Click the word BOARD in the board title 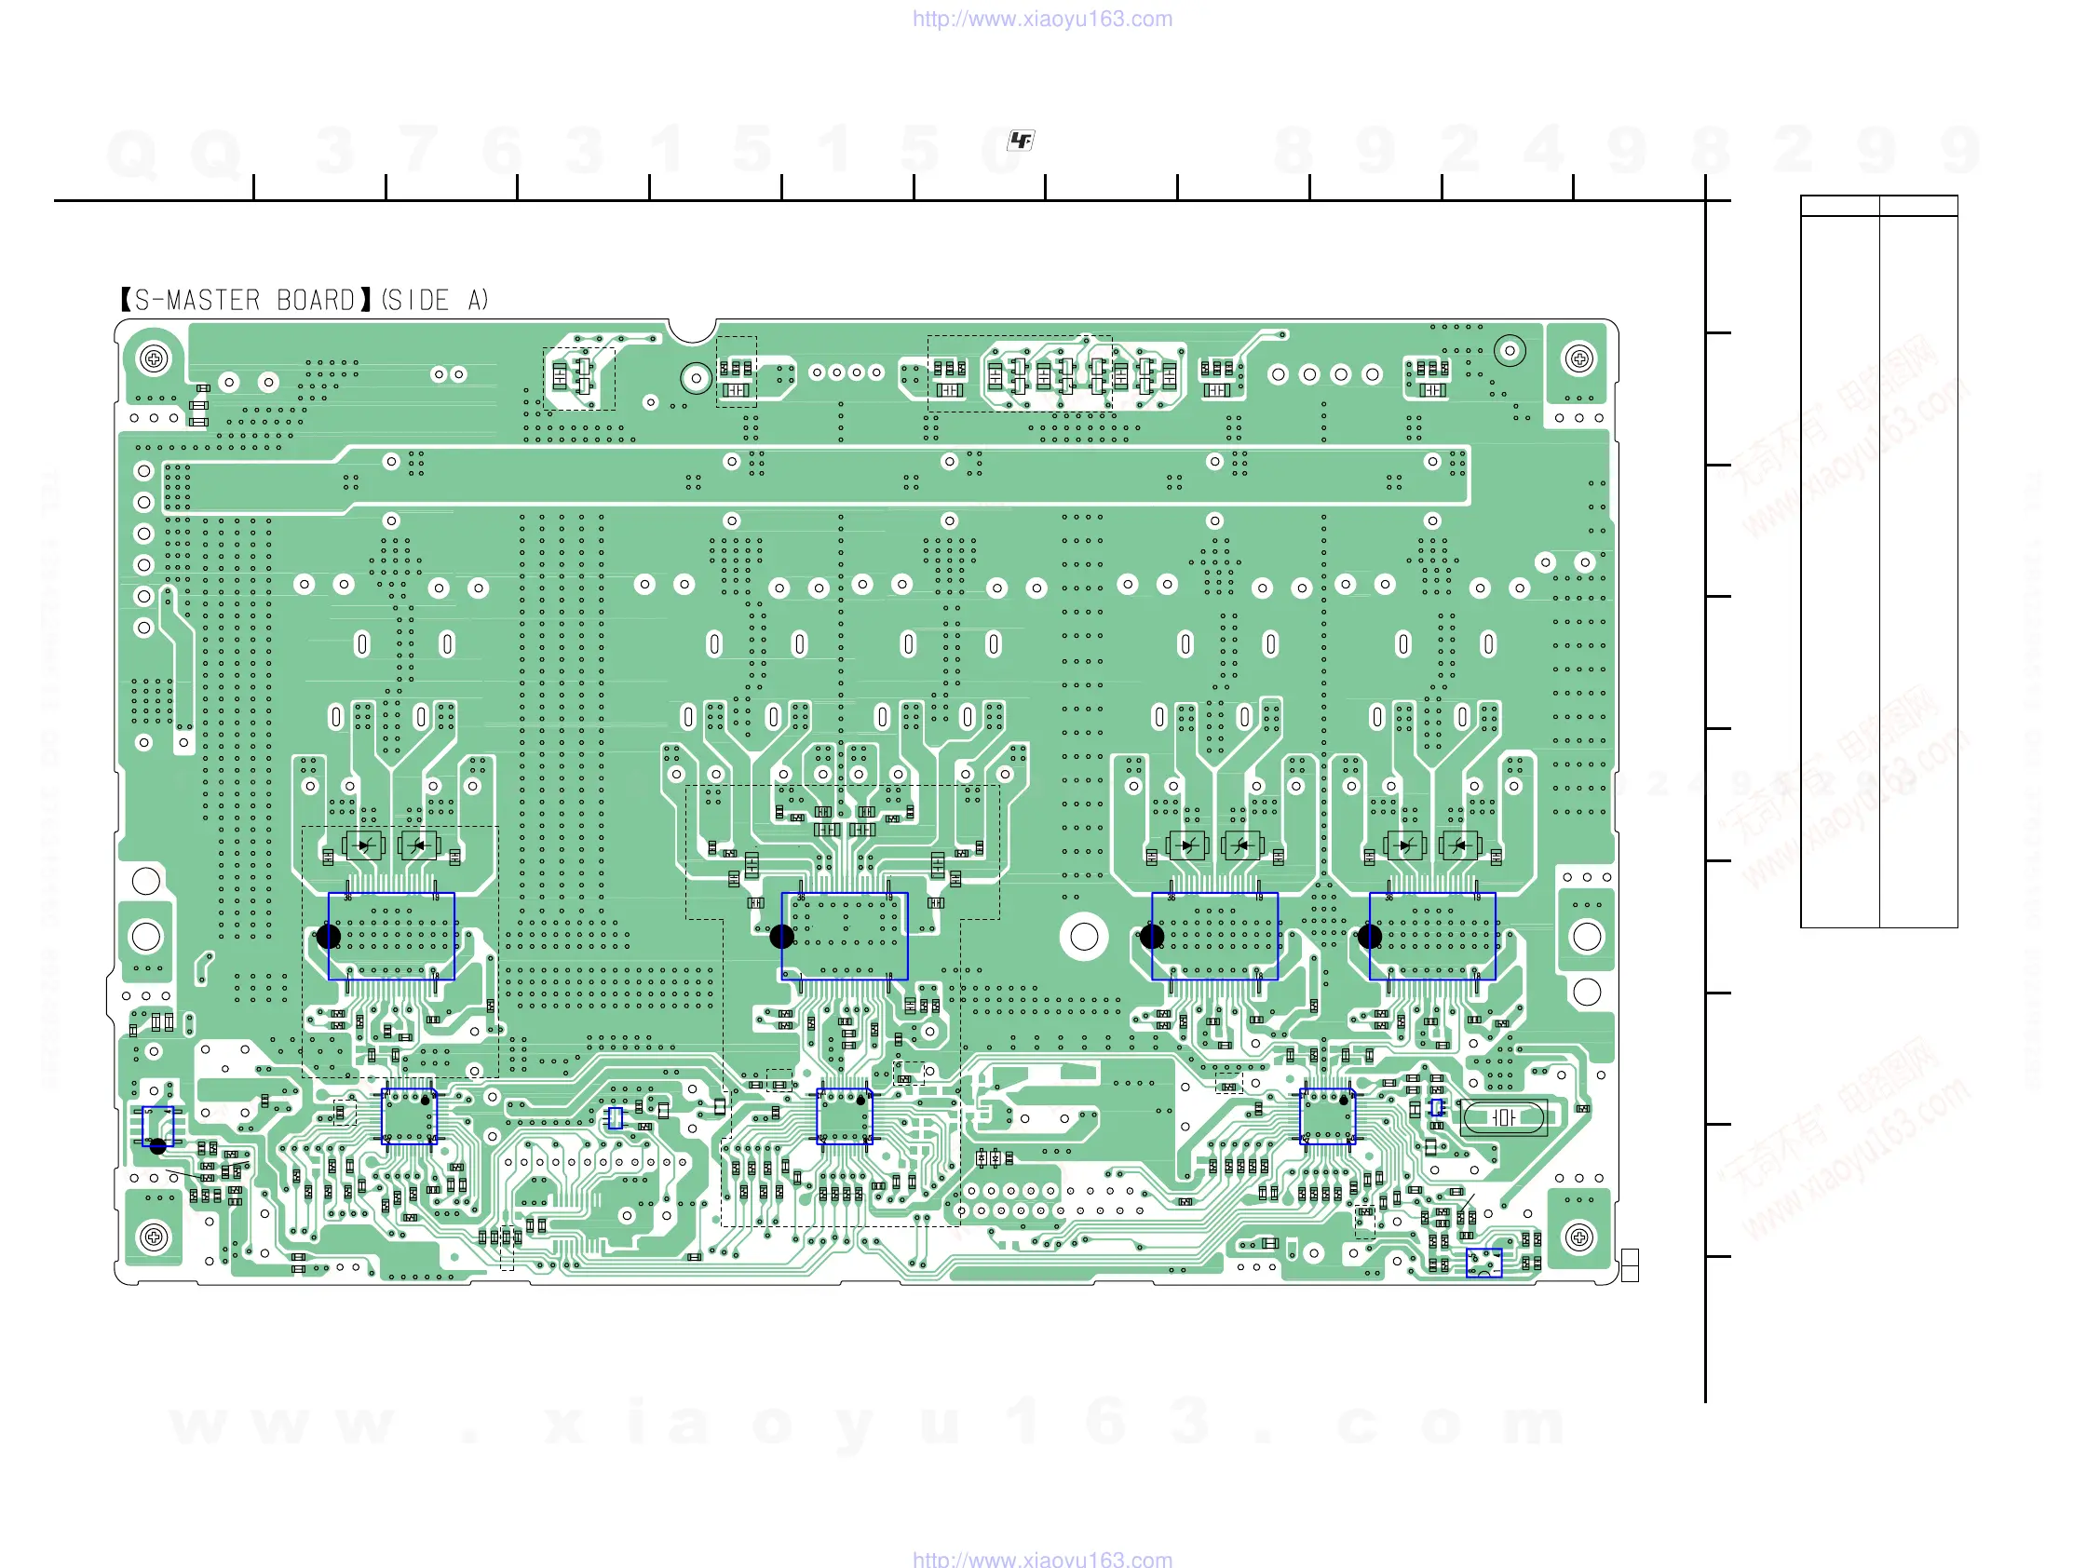315,300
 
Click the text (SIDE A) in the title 435,300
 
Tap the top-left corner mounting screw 154,358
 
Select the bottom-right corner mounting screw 1578,1237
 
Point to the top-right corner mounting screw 1578,358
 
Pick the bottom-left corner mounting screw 154,1237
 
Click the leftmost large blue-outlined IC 391,937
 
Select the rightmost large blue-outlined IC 1431,937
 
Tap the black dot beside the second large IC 781,937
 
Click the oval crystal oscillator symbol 1503,1117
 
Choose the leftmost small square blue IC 408,1116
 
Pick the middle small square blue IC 844,1116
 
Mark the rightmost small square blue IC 1327,1116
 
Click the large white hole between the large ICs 1084,937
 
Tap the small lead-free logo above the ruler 1021,141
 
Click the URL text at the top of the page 1042,19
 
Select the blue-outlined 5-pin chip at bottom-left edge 157,1125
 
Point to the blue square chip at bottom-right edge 1483,1263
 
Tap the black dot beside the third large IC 1151,937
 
